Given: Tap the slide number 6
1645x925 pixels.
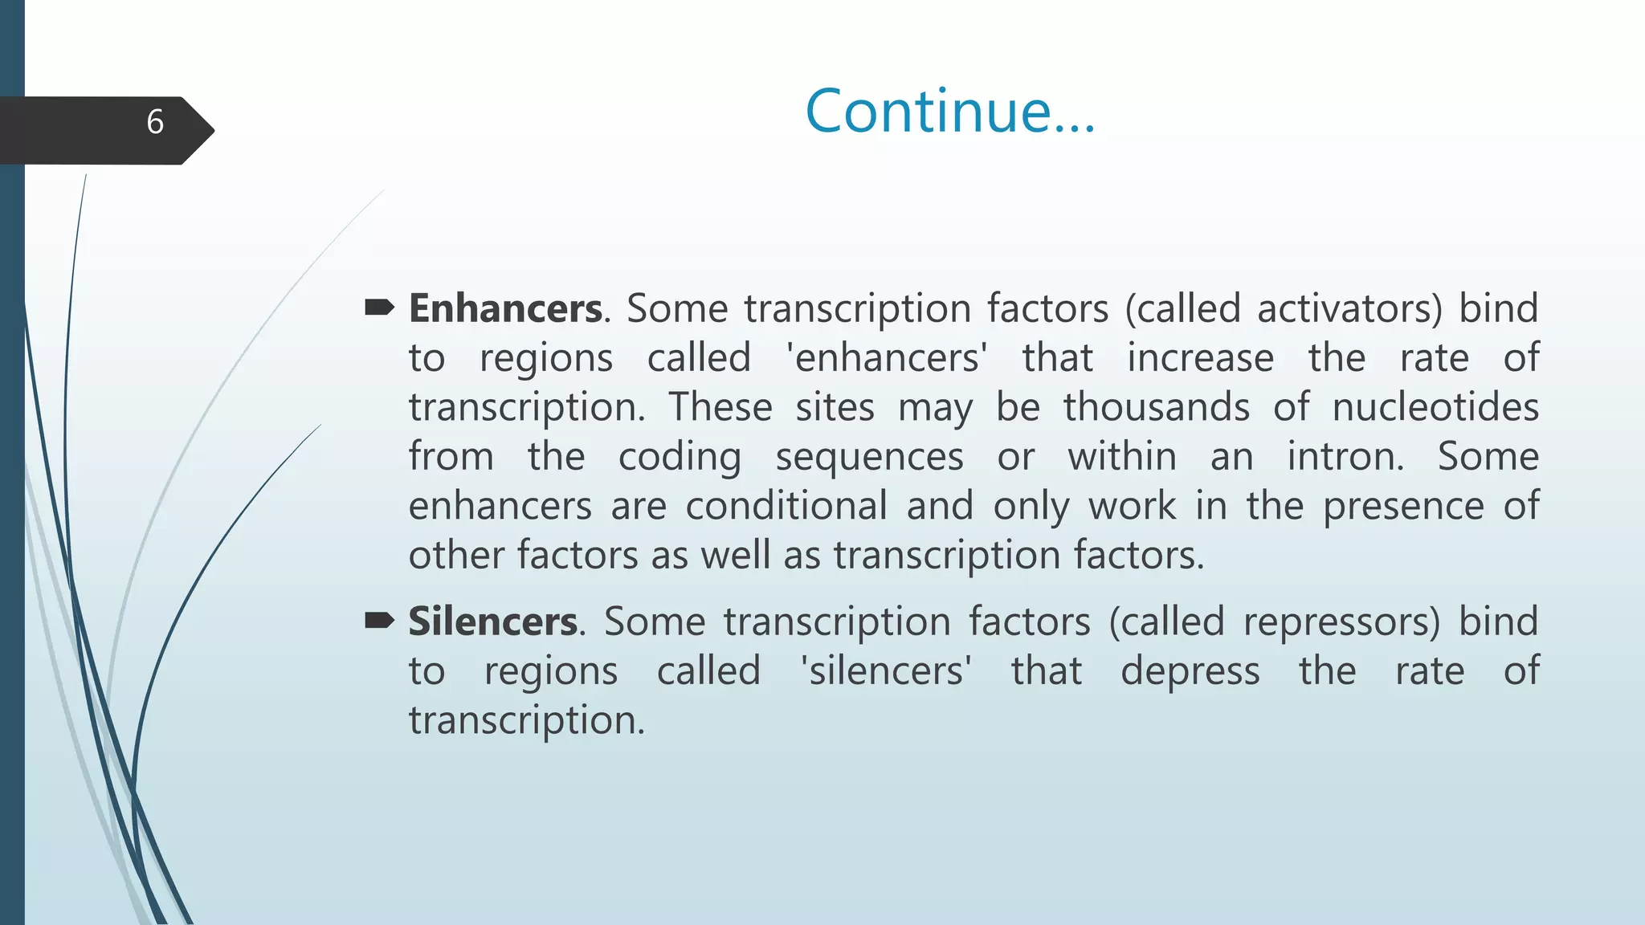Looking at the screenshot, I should (x=155, y=122).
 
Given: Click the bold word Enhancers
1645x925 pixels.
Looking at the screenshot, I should (x=505, y=308).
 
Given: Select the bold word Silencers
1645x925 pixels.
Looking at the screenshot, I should (x=492, y=621).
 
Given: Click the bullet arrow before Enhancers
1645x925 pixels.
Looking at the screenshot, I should (x=379, y=307).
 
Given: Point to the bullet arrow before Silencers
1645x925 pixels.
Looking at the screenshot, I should (x=379, y=620).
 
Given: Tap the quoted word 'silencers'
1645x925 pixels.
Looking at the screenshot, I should (x=886, y=670).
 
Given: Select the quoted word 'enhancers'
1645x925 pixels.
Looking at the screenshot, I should (x=887, y=358).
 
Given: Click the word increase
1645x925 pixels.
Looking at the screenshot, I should (x=1200, y=358).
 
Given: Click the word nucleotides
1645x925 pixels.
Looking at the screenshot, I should (x=1435, y=407).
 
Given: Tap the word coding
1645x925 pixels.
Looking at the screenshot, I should (x=680, y=458).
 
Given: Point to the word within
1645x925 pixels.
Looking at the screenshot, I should (x=1122, y=456).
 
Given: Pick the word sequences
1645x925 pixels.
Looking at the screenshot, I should (x=869, y=458).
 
